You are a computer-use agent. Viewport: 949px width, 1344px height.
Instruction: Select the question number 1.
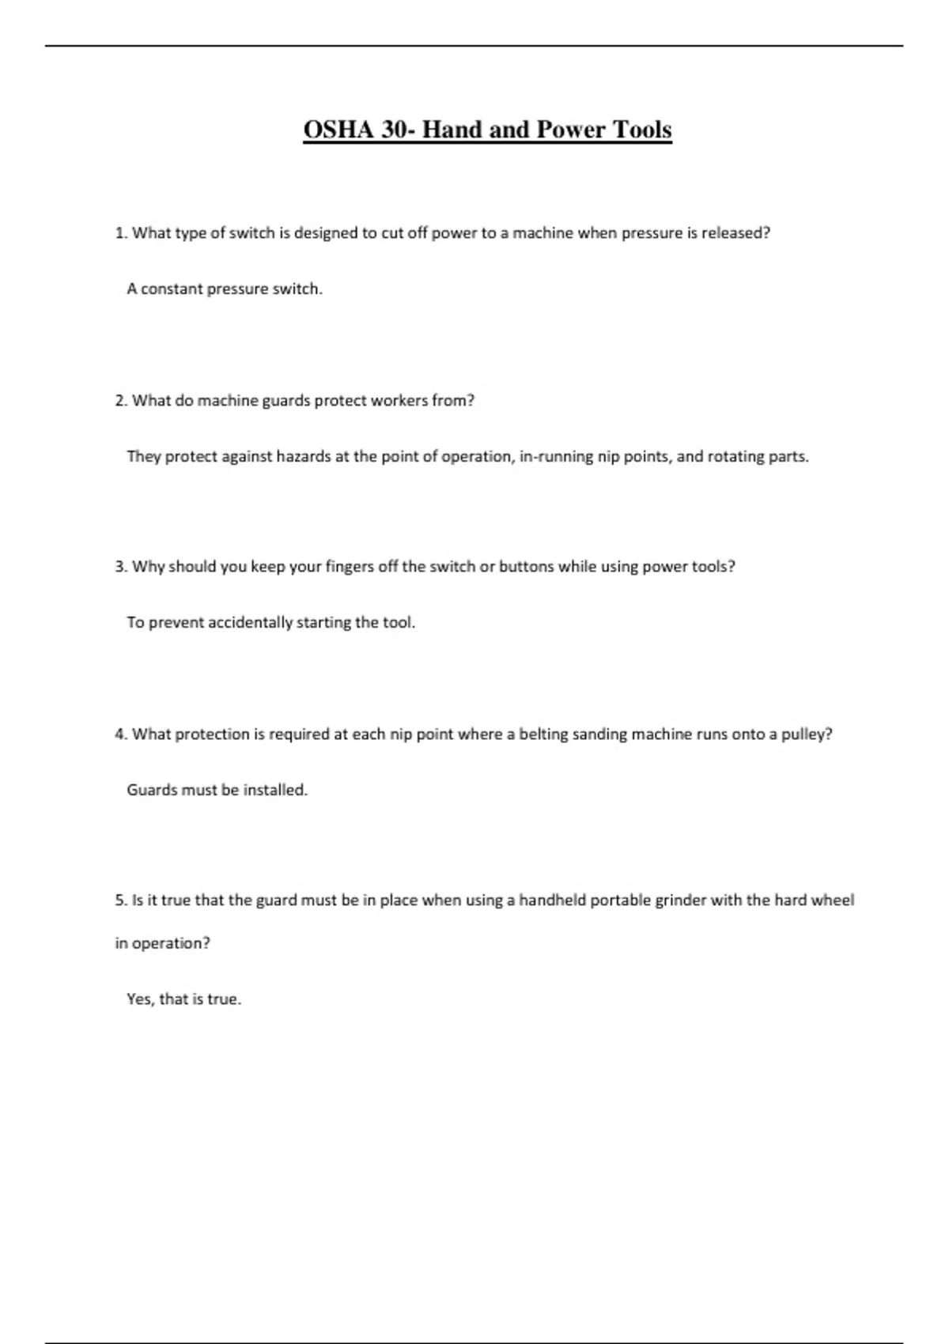coord(120,233)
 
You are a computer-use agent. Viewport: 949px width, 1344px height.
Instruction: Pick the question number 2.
coord(120,401)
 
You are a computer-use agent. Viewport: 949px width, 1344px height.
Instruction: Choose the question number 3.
coord(120,567)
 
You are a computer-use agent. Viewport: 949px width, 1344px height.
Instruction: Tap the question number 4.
coord(120,734)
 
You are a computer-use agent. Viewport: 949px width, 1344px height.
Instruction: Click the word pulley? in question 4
coord(807,734)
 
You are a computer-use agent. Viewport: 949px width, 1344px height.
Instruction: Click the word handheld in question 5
coord(552,900)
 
